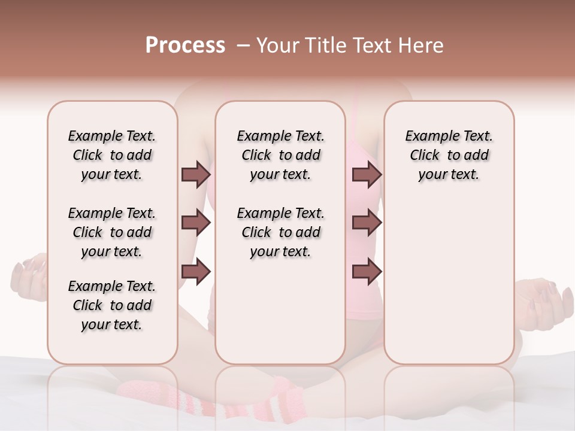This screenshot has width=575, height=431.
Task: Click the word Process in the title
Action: tap(185, 45)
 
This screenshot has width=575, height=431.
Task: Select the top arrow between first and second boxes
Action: tap(196, 175)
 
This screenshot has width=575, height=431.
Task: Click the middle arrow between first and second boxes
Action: tap(196, 223)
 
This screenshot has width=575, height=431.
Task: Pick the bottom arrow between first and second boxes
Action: tap(196, 272)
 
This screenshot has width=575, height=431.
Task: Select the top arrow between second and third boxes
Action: tap(367, 175)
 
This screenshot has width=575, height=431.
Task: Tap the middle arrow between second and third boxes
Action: tap(367, 223)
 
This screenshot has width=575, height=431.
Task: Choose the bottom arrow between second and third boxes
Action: tap(367, 272)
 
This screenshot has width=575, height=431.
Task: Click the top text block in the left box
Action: tap(112, 155)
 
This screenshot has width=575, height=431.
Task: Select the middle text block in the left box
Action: tap(112, 232)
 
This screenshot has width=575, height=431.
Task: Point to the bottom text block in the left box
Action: tap(112, 305)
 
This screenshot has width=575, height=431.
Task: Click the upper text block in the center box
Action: tap(280, 155)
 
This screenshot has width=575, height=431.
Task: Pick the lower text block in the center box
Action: tap(280, 232)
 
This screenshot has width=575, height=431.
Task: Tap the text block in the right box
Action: tap(449, 155)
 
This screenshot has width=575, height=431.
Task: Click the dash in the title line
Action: tap(243, 46)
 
